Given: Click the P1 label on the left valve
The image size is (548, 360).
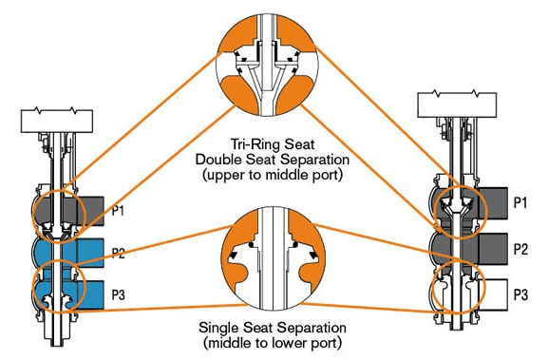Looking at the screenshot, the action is pos(118,211).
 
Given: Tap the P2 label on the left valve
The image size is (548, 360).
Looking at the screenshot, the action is pos(118,253).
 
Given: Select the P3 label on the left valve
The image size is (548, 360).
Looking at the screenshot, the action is pos(118,295).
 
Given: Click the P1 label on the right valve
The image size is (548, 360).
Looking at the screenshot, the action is pos(520,202).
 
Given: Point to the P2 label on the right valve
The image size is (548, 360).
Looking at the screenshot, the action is pos(520,249).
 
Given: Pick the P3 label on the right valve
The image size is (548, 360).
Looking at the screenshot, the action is pos(520,295).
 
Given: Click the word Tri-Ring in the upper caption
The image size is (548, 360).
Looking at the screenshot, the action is pos(252,144).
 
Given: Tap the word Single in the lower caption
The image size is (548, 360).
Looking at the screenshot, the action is pos(219,328).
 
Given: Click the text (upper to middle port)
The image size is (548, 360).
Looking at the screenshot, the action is pos(273,175).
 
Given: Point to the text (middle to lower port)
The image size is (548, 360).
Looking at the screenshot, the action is pos(273,343).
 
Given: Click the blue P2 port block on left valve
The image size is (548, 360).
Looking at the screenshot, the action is pos(90,253).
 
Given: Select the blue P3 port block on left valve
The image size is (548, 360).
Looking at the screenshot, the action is pos(90,295).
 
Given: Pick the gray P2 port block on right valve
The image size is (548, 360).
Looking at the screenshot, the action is pos(493,249).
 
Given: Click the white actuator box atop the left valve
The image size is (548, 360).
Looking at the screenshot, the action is pos(57,121).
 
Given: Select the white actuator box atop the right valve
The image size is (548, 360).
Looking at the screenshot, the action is pos(457,104).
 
